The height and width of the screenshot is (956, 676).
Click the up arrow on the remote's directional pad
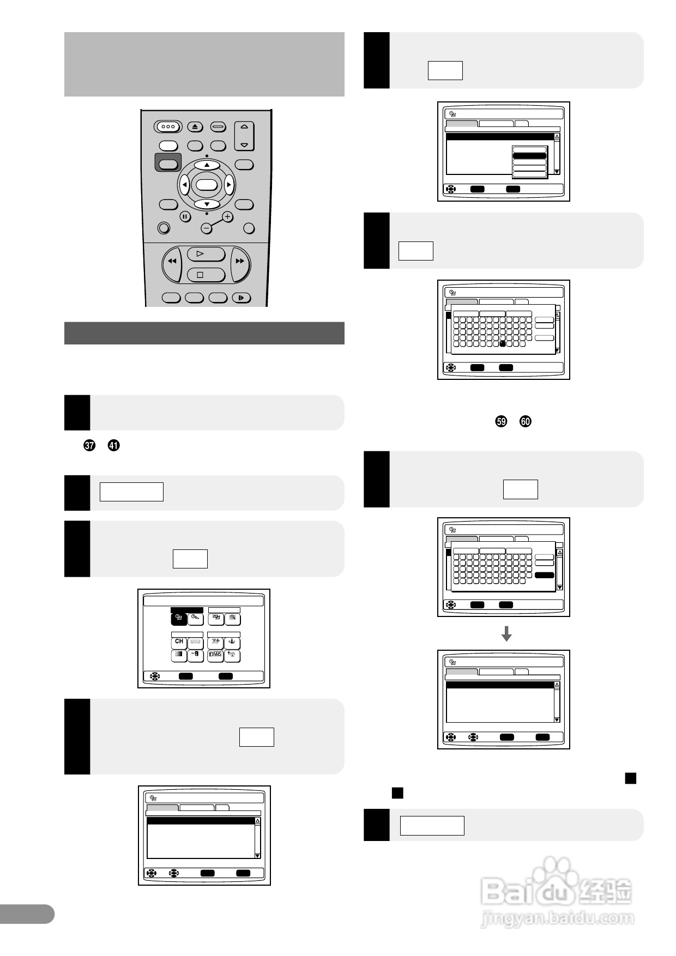point(207,165)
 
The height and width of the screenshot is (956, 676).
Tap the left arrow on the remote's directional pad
point(184,185)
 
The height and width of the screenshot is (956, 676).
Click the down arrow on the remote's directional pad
point(207,204)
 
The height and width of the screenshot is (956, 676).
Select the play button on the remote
point(206,254)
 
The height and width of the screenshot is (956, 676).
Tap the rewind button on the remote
point(172,262)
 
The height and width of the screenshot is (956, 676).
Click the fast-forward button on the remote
point(240,262)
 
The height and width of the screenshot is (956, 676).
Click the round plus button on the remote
point(227,216)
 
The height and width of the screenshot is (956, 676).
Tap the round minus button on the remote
point(206,228)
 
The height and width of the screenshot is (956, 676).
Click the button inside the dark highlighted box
point(168,164)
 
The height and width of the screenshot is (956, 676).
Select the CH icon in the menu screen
point(179,642)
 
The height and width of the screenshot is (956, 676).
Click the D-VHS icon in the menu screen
point(215,656)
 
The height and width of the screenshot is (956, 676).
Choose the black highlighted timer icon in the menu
point(178,619)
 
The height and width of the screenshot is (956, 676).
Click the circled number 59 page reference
point(501,421)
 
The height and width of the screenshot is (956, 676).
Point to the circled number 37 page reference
point(89,445)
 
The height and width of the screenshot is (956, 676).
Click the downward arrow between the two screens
point(506,633)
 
